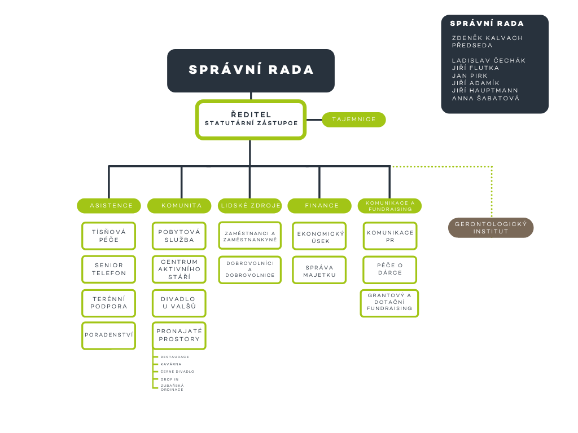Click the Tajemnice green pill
coord(354,120)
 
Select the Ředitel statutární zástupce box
coord(251,119)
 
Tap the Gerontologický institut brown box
coord(491,228)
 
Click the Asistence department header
coord(109,206)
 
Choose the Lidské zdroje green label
coord(250,206)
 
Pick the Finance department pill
coord(319,206)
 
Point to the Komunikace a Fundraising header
coord(389,206)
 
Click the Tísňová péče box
coord(109,236)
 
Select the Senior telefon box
coord(109,269)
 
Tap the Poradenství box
coord(109,335)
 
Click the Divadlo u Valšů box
coord(179,303)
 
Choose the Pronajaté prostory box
coord(179,335)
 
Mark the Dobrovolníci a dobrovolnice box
coord(250,269)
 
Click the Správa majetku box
coord(319,271)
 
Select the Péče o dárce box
coord(389,269)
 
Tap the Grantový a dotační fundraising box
coord(389,302)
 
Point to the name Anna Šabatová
coord(485,98)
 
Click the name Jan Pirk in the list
coord(470,76)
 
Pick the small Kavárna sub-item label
coord(171,364)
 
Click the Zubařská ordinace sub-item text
coord(172,387)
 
